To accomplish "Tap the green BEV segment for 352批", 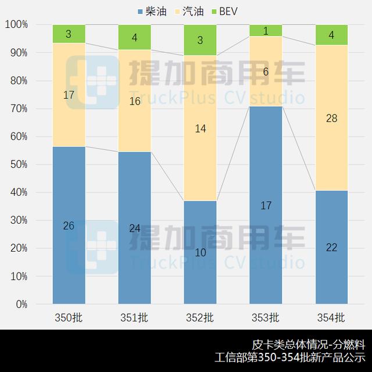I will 200,40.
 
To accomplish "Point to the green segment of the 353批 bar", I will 266,31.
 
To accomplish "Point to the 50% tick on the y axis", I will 18,164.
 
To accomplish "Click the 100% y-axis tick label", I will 16,25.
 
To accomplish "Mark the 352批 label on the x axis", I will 200,318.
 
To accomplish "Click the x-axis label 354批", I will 331,318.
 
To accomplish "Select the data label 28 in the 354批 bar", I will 331,119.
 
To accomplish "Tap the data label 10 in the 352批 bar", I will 200,253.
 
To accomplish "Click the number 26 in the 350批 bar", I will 69,226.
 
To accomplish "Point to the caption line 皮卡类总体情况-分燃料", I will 308,344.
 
